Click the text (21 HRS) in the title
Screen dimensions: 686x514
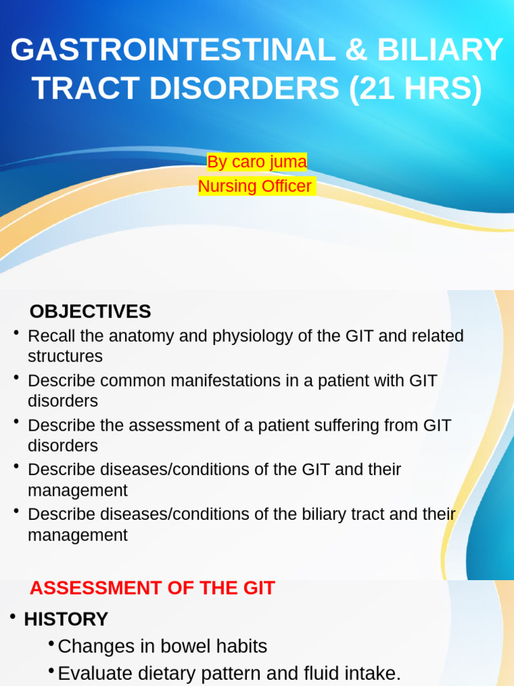click(415, 90)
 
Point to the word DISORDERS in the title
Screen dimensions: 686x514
click(246, 90)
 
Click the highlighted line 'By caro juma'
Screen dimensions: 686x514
click(257, 162)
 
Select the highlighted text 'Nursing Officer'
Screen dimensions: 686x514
click(256, 186)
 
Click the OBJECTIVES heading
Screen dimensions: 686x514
click(90, 312)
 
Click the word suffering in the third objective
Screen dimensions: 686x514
click(342, 425)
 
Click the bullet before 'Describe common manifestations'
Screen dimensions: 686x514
click(15, 379)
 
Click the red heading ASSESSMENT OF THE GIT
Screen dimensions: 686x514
click(153, 588)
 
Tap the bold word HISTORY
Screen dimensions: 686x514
click(66, 619)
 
